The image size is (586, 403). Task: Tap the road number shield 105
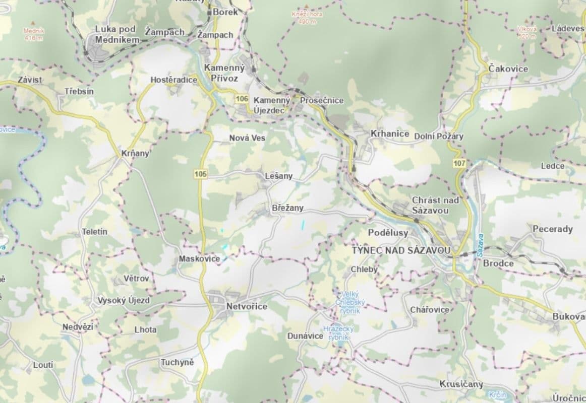point(200,174)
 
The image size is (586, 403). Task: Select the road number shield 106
point(242,99)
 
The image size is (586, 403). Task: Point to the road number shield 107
point(459,163)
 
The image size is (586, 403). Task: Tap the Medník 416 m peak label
point(34,33)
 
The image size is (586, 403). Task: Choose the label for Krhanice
point(390,133)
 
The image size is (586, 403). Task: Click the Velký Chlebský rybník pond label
point(351,302)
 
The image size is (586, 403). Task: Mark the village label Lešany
point(278,176)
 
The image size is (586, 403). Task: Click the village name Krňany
point(136,154)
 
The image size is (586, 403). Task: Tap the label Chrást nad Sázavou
point(435,205)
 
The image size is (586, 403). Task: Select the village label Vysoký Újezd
point(124,301)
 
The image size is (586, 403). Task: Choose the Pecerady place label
point(553,229)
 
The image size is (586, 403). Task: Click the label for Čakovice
point(508,69)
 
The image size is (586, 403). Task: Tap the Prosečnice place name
point(322,100)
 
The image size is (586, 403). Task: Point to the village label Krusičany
point(461,384)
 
